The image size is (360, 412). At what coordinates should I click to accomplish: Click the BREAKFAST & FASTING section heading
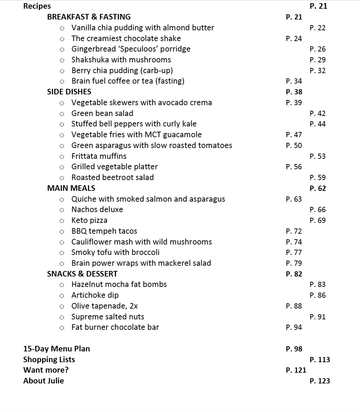click(x=89, y=17)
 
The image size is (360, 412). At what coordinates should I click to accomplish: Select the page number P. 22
click(x=317, y=28)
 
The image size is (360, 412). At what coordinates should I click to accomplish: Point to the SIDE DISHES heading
click(x=69, y=92)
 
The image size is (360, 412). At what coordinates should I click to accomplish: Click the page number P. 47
click(x=294, y=135)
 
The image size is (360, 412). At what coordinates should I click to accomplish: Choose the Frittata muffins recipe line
click(x=99, y=156)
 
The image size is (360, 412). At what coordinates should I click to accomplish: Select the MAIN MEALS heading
click(x=71, y=188)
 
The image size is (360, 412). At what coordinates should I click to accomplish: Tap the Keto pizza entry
click(x=89, y=220)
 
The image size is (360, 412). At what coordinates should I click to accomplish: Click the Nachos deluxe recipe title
click(x=97, y=210)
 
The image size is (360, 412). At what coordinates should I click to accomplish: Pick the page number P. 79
click(x=294, y=263)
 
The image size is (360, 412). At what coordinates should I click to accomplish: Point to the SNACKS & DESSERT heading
click(x=82, y=274)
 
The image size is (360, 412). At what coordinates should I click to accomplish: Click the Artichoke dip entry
click(x=95, y=295)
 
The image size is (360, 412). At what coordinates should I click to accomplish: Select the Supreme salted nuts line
click(x=108, y=317)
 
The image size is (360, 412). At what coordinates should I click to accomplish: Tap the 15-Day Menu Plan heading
click(x=56, y=349)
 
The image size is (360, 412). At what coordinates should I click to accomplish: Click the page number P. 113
click(x=319, y=360)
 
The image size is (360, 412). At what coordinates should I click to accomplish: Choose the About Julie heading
click(x=44, y=381)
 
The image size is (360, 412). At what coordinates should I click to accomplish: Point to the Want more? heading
click(x=46, y=370)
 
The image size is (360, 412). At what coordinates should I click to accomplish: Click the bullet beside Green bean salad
click(x=62, y=114)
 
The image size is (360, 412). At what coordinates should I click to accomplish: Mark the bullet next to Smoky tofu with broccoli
click(x=62, y=253)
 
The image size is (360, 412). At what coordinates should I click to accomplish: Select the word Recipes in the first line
click(x=37, y=6)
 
